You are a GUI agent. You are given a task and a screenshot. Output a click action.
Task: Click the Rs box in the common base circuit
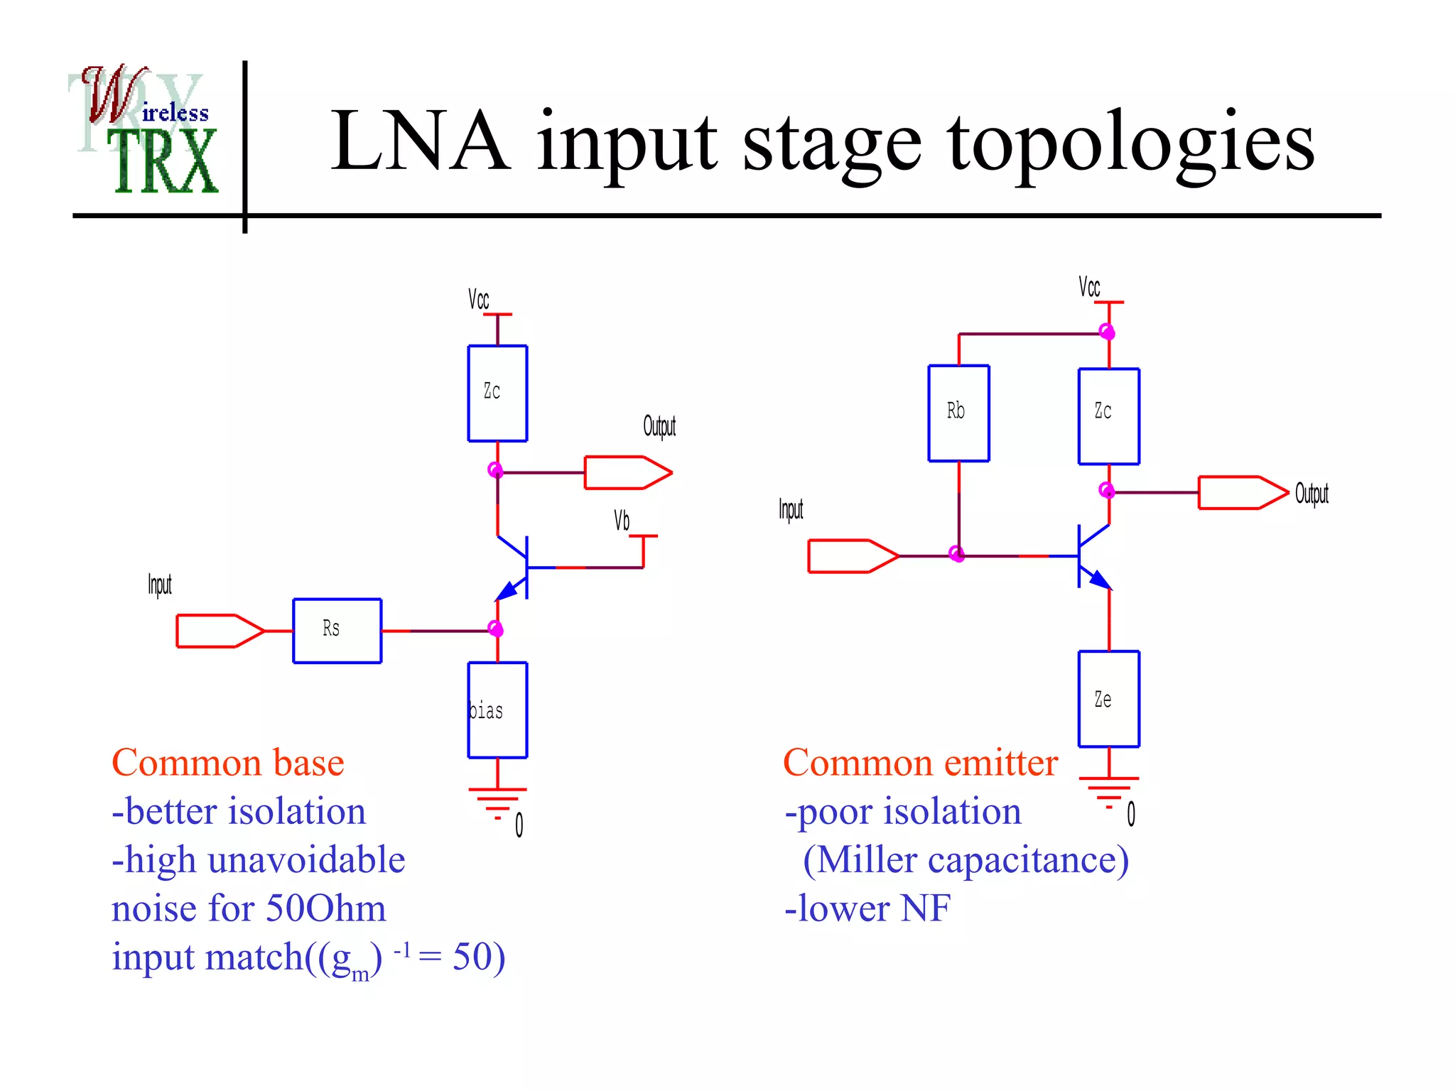[337, 631]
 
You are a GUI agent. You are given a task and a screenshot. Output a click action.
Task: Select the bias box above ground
[497, 710]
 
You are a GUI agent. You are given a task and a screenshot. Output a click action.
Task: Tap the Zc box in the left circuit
[497, 393]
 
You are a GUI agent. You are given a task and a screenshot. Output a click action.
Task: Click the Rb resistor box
[958, 413]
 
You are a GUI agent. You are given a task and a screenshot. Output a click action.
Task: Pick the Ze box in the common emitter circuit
[1108, 699]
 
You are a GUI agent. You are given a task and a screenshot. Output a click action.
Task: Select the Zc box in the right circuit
[1108, 416]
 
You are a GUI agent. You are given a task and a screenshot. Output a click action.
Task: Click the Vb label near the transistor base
[622, 521]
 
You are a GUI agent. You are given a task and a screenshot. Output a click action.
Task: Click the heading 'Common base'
[228, 764]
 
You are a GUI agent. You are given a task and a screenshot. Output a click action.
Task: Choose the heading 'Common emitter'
[920, 764]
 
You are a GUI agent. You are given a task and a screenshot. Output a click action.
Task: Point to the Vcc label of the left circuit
[478, 299]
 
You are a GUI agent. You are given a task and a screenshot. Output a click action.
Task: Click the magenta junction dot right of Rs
[496, 629]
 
